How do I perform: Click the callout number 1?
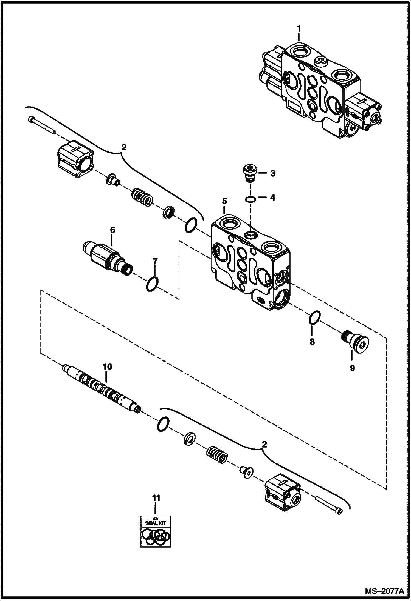click(299, 28)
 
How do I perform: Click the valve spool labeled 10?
click(102, 387)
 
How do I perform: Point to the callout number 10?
click(107, 367)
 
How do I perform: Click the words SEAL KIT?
click(156, 523)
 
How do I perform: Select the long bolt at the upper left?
click(41, 125)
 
